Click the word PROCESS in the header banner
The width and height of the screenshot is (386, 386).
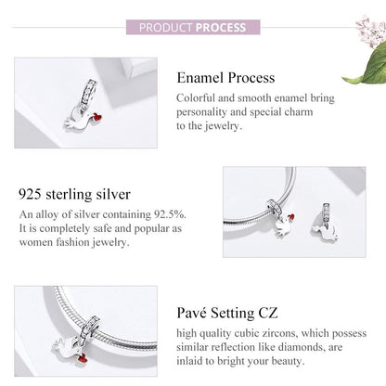coord(221,27)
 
